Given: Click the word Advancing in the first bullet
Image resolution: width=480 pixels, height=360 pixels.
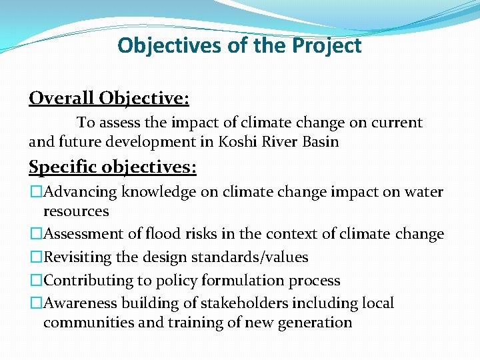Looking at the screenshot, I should click(x=80, y=192).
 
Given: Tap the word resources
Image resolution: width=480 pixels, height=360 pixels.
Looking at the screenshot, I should click(x=75, y=211).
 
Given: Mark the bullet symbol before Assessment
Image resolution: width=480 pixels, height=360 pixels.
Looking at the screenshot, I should click(x=35, y=234).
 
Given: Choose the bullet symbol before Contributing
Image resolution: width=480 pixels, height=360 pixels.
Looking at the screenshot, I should click(x=35, y=281).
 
